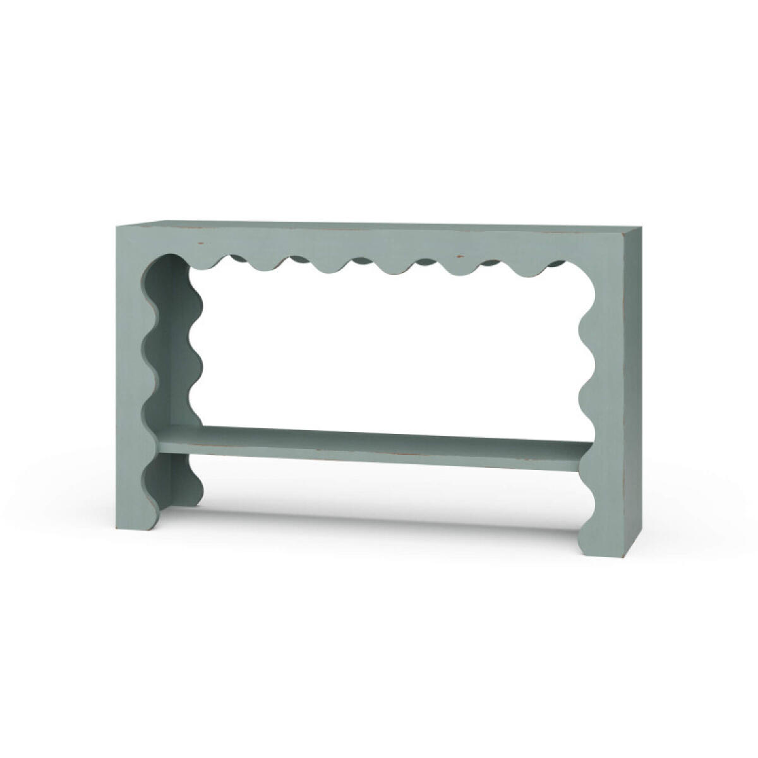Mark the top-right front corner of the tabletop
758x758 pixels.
(622, 232)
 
